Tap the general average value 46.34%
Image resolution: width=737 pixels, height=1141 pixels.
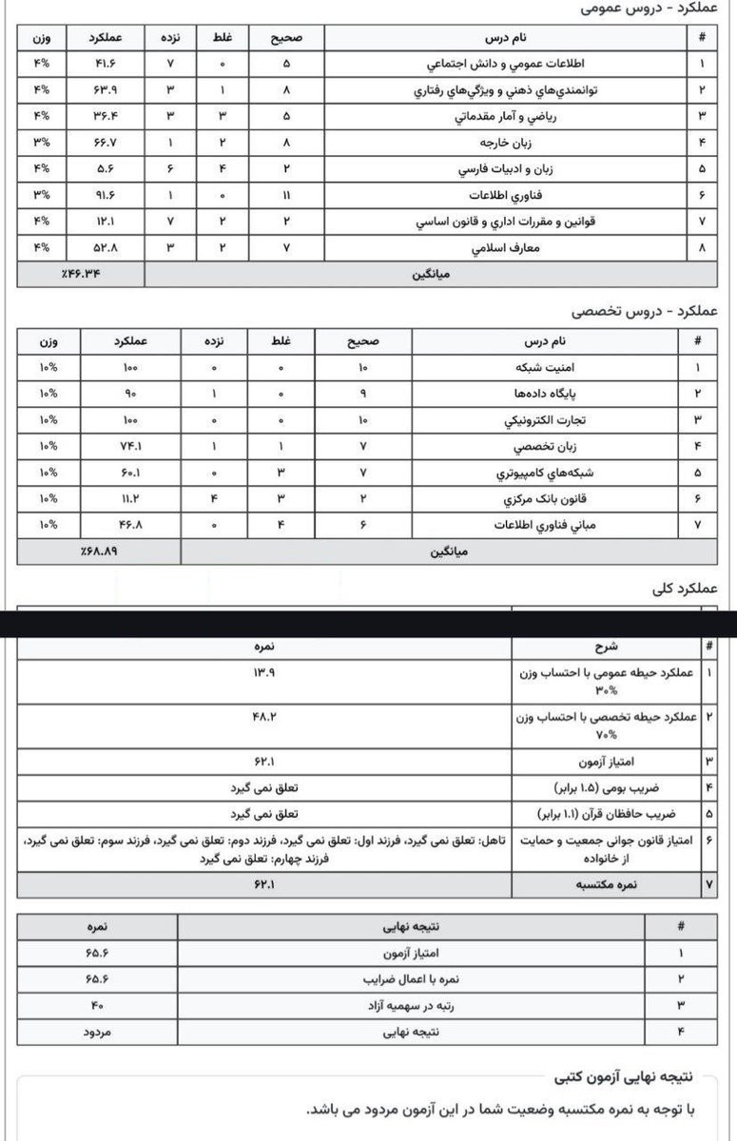tap(82, 275)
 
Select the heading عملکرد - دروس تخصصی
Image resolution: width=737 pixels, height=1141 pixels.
tap(645, 311)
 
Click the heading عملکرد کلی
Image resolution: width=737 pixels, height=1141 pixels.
tap(682, 589)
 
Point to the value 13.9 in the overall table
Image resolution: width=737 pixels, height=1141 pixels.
tap(263, 673)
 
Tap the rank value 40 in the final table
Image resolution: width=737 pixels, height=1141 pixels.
tap(98, 1004)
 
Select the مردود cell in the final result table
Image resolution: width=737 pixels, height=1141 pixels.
tap(98, 1031)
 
